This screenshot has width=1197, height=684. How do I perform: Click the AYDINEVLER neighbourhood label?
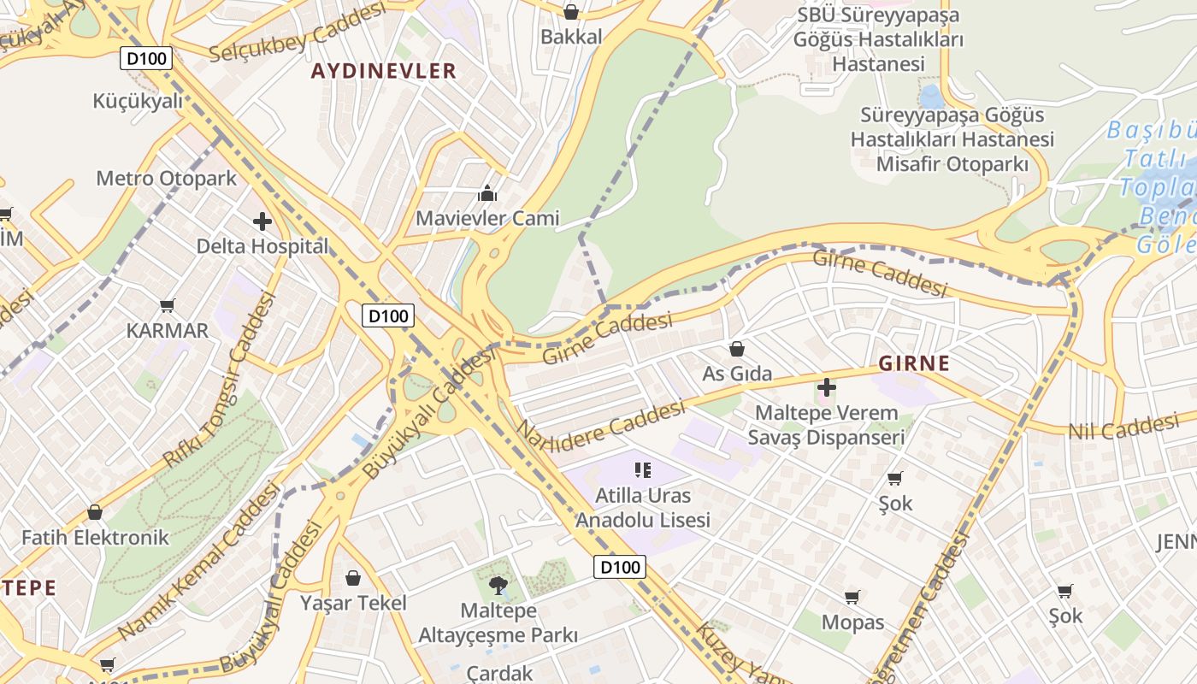[383, 71]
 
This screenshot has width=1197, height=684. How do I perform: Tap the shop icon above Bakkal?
[571, 12]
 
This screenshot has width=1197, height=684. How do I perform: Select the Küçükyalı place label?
[138, 101]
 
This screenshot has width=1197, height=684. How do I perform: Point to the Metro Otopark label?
[166, 179]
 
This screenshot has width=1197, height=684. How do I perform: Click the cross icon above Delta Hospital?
[262, 222]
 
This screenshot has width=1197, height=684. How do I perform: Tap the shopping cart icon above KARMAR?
[168, 305]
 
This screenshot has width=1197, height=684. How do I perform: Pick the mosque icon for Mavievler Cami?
[487, 193]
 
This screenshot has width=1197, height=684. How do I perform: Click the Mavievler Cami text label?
[487, 218]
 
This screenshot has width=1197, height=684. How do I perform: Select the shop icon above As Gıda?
[736, 349]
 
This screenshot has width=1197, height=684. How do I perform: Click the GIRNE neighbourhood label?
[914, 363]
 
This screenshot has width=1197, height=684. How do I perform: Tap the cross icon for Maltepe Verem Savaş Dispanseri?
[826, 387]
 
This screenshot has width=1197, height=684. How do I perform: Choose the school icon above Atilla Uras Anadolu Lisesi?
[643, 469]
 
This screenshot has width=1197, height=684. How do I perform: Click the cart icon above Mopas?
[852, 597]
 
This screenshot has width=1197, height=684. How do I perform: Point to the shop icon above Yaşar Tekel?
[352, 578]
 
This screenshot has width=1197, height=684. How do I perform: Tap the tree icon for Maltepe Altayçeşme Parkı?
[498, 586]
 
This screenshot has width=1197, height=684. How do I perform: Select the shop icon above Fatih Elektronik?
[95, 512]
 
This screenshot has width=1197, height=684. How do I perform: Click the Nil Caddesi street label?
[1123, 427]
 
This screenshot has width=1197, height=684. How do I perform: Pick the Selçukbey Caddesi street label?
[298, 34]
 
